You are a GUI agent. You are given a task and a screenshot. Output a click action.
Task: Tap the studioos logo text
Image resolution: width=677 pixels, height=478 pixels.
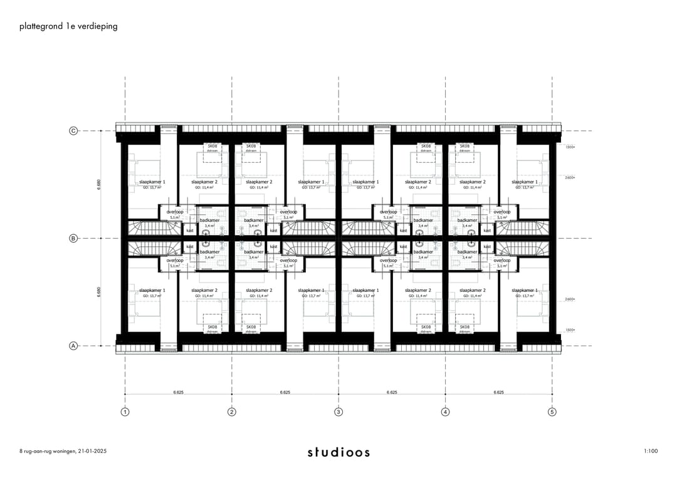pyautogui.click(x=338, y=452)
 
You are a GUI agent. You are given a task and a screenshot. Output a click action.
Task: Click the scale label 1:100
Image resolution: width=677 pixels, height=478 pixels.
pyautogui.click(x=650, y=451)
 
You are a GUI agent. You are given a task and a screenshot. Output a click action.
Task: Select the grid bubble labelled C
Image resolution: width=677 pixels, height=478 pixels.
pyautogui.click(x=73, y=131)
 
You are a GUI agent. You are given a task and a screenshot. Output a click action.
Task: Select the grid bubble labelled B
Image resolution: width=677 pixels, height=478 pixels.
pyautogui.click(x=73, y=238)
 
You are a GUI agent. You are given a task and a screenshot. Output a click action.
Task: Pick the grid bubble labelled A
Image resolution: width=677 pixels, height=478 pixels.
pyautogui.click(x=73, y=345)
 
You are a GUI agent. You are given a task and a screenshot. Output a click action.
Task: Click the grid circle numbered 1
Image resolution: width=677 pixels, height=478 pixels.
pyautogui.click(x=125, y=412)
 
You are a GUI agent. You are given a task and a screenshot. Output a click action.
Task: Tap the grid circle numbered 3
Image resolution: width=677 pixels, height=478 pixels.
pyautogui.click(x=338, y=412)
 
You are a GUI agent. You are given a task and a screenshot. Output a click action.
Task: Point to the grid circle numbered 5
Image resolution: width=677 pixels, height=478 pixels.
pyautogui.click(x=552, y=412)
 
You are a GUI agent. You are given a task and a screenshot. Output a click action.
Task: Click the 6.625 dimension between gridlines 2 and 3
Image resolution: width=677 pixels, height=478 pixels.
pyautogui.click(x=285, y=392)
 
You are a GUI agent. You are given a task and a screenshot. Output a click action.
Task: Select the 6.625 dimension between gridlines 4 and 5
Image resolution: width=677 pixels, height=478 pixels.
pyautogui.click(x=499, y=392)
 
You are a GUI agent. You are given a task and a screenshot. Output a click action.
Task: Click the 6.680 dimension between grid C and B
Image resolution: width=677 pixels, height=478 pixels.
pyautogui.click(x=99, y=185)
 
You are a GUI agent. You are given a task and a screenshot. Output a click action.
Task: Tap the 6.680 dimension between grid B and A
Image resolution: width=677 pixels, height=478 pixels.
pyautogui.click(x=99, y=292)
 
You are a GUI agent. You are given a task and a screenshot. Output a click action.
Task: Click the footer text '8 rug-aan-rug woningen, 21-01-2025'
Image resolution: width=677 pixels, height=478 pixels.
pyautogui.click(x=63, y=451)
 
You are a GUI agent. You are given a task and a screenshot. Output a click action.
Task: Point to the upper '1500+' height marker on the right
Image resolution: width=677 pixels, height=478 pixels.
pyautogui.click(x=570, y=147)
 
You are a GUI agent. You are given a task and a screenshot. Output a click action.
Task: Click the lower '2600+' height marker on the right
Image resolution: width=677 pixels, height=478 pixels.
pyautogui.click(x=570, y=299)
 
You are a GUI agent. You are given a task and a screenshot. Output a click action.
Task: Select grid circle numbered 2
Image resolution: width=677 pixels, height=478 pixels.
pyautogui.click(x=232, y=412)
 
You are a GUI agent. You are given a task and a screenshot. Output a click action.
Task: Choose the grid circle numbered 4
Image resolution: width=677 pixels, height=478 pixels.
pyautogui.click(x=446, y=412)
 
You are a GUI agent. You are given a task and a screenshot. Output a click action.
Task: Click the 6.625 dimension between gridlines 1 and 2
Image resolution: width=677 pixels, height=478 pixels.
pyautogui.click(x=179, y=392)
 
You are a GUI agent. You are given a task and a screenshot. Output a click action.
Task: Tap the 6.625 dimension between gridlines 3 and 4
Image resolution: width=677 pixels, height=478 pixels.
pyautogui.click(x=392, y=392)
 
